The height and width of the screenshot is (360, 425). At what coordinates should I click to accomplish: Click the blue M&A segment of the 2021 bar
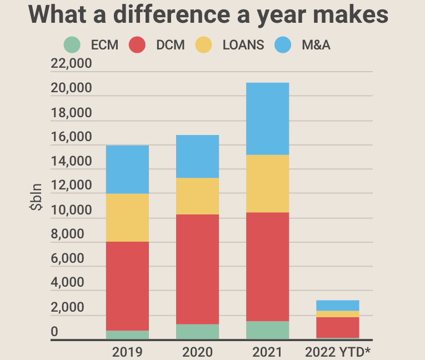268,119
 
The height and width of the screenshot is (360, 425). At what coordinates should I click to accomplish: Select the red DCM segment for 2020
198,269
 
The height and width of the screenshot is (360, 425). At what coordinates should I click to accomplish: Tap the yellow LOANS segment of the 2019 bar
127,218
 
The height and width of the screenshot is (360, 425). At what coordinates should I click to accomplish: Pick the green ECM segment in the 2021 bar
268,330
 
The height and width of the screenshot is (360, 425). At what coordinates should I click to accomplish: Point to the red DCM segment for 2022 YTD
338,327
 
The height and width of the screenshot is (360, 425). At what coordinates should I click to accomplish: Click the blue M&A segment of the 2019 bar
127,169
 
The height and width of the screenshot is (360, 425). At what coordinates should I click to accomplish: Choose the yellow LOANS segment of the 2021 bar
268,184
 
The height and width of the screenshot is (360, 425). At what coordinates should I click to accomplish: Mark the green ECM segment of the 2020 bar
198,332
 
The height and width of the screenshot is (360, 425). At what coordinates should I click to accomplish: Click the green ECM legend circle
72,45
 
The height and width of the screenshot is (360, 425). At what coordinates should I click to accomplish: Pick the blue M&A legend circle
283,45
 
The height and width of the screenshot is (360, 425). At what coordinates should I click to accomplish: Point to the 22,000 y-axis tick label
71,64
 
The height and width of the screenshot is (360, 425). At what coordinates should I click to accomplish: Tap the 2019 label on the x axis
127,352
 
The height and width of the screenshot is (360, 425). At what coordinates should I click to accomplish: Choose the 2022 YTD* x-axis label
338,352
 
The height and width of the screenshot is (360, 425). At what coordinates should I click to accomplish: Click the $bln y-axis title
37,201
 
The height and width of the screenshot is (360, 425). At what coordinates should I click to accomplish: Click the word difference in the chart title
159,15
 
